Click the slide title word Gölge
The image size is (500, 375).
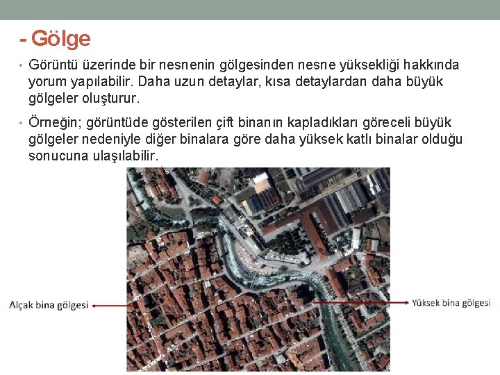61,38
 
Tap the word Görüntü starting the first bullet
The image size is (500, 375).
53,65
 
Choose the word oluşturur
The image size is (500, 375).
111,99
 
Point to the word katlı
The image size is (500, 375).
353,140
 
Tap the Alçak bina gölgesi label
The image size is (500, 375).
49,305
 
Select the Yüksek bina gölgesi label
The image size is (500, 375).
451,303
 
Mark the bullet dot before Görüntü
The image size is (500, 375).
22,66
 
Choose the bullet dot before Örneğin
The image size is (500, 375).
22,124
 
